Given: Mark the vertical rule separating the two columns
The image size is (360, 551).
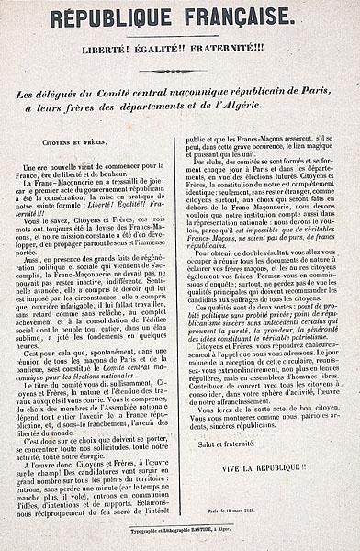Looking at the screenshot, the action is tap(180, 321).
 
